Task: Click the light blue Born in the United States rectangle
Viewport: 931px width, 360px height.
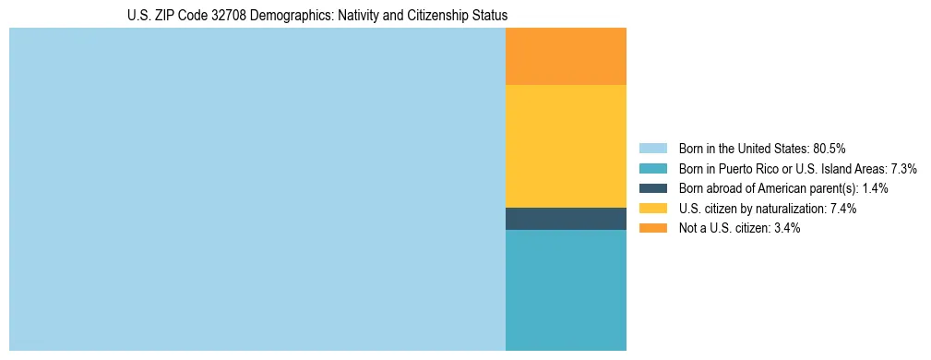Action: coord(257,189)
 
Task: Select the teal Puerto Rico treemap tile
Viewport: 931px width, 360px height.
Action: coord(566,290)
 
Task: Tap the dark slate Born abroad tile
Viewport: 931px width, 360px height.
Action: coord(566,219)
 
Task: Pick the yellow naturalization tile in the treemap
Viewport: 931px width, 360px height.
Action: coord(566,146)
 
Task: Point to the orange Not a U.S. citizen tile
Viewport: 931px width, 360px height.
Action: coord(566,56)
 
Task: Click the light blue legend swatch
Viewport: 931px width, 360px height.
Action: coord(652,149)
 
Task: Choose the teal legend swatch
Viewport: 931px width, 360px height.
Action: coord(652,169)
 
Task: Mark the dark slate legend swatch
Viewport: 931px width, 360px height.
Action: coord(652,188)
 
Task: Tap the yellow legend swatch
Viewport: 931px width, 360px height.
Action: coord(652,209)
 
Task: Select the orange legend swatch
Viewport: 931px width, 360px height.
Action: coord(652,229)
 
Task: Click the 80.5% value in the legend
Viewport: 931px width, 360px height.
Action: coord(830,149)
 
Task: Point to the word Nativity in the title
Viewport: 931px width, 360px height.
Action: coord(349,16)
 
